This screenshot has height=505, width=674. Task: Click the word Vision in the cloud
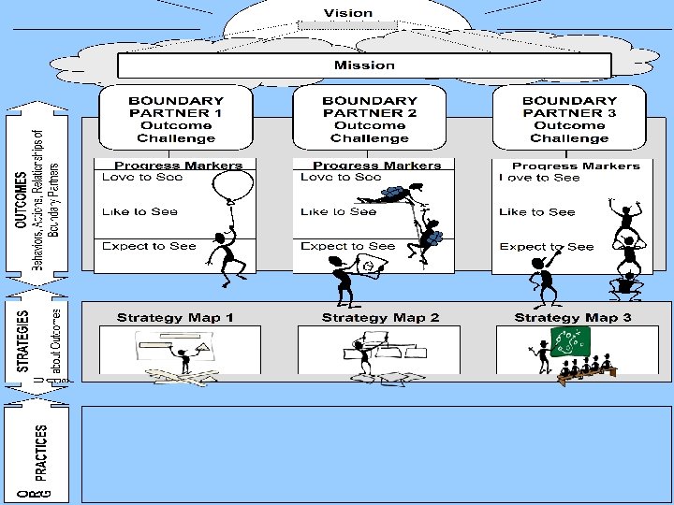348,13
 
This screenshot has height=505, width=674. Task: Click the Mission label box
364,65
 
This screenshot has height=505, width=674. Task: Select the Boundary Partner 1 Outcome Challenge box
176,119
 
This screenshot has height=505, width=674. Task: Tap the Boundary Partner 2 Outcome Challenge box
369,119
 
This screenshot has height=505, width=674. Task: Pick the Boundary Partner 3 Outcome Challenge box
569,119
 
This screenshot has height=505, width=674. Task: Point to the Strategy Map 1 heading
176,318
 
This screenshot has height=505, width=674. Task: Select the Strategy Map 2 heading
380,318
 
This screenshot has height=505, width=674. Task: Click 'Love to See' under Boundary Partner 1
142,178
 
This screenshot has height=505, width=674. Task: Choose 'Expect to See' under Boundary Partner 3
547,247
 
